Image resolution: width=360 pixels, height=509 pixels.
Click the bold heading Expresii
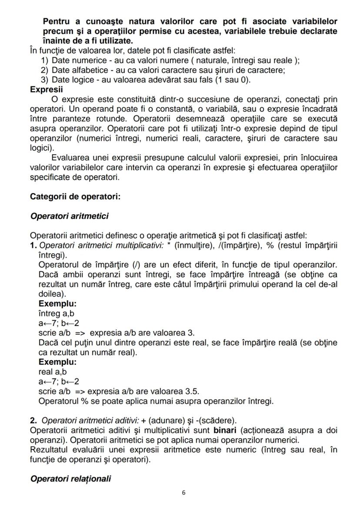tap(46, 90)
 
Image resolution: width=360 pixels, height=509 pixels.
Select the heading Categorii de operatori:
tap(75, 196)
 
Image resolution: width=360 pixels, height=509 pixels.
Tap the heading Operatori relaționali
tap(70, 479)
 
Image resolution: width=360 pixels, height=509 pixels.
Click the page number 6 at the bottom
tap(183, 493)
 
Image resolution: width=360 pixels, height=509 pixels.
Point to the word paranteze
tap(66, 118)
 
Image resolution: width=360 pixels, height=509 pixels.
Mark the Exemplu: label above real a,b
tap(57, 362)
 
